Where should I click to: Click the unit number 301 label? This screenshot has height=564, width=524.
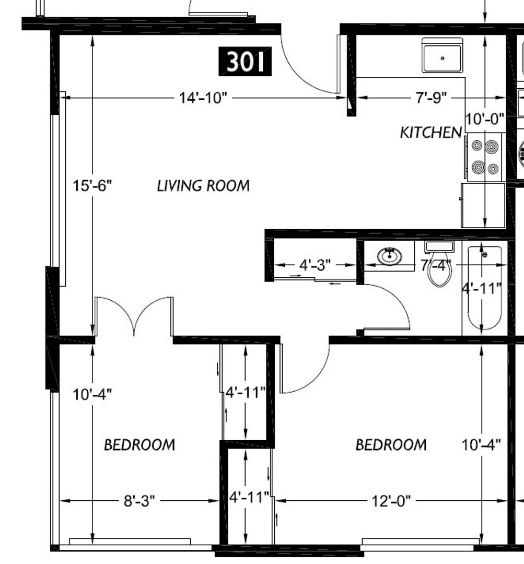coord(245,61)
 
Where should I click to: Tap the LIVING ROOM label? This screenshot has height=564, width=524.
coord(203,186)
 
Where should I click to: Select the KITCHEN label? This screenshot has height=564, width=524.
coord(431,133)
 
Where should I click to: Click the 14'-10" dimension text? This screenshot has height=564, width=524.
coord(203,98)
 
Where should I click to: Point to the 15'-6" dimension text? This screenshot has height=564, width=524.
coord(92,186)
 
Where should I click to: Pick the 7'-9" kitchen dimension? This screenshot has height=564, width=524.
coord(431,98)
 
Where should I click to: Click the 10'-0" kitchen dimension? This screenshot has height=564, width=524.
coord(485,119)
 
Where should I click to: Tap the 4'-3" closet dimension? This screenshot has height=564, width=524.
coord(315,265)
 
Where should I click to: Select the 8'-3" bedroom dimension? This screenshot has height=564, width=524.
coord(139,501)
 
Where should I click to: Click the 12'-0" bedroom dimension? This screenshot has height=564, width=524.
coord(391,501)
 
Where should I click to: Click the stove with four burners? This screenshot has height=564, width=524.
coord(484,157)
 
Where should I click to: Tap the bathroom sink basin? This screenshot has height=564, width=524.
coord(390,256)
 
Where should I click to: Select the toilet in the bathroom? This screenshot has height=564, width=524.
coord(439,264)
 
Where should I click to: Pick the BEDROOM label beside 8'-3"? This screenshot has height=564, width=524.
coord(139,445)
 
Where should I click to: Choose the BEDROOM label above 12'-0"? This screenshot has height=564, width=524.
coord(391,445)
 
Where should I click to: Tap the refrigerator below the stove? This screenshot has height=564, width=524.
coord(483,205)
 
